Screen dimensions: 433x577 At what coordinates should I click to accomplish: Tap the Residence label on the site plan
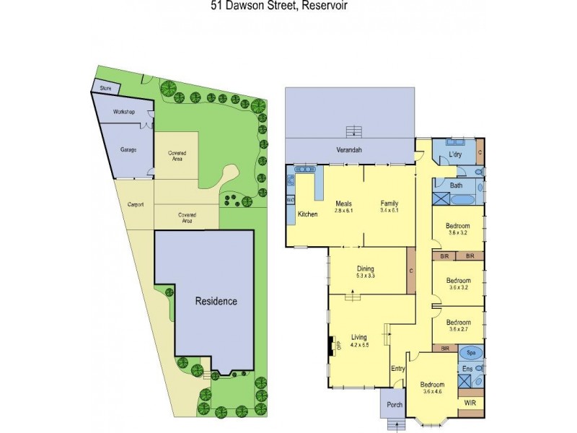tap(216, 301)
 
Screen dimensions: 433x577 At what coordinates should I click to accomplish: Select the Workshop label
tap(123, 112)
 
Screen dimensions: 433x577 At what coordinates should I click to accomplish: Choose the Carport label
tap(136, 204)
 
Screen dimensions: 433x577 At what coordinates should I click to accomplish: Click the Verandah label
tap(348, 150)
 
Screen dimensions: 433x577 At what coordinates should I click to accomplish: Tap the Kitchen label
tap(308, 214)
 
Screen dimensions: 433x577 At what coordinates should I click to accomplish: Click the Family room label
tap(389, 203)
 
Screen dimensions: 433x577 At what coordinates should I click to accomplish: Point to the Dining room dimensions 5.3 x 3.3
tap(364, 276)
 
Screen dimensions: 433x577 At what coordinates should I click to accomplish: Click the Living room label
tap(359, 337)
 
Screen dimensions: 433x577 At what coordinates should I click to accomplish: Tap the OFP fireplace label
tap(338, 346)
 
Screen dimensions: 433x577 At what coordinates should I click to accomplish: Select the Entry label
tap(398, 369)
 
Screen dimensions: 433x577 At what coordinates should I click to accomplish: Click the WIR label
tap(471, 402)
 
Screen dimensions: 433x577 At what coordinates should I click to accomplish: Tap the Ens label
tap(467, 369)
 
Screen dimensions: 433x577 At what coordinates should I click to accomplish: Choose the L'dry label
tap(454, 155)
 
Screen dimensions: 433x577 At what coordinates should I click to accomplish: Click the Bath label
tap(456, 185)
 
